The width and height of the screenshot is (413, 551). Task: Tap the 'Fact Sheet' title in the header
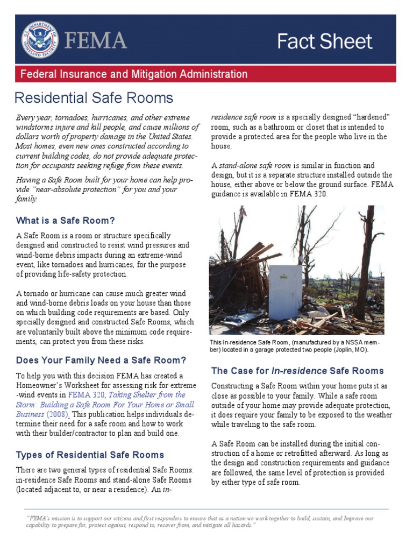[x=324, y=41]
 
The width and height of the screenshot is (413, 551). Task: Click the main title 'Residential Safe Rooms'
[x=94, y=98]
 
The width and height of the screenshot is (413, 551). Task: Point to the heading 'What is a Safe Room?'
[x=66, y=221]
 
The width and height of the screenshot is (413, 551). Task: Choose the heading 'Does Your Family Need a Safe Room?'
[x=101, y=360]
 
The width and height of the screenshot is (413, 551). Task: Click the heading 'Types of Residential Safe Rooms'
[x=90, y=455]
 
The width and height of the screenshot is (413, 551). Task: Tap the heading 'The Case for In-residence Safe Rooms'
[x=297, y=371]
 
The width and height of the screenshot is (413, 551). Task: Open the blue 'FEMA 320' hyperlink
[x=86, y=395]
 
